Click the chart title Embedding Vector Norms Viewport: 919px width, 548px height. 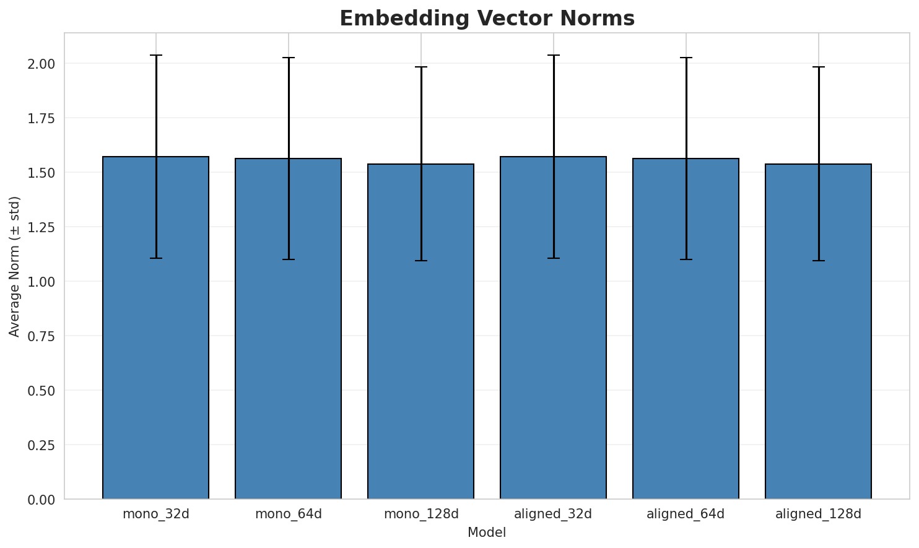(x=487, y=19)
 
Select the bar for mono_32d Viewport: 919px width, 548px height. (x=155, y=328)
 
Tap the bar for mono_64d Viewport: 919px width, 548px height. (x=288, y=329)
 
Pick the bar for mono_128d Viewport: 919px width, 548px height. (x=420, y=332)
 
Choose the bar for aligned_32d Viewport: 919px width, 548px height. (x=553, y=328)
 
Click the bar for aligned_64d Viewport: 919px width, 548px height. (x=686, y=329)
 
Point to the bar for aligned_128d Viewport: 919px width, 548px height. (x=818, y=332)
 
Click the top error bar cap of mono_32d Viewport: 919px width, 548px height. (x=155, y=55)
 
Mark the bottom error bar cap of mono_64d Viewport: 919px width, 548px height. (x=288, y=259)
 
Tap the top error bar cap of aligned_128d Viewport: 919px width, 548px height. (x=818, y=67)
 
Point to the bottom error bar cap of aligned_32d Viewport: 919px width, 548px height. (x=553, y=258)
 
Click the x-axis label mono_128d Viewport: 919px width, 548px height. (x=421, y=514)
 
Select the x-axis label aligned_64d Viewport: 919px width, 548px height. (x=686, y=514)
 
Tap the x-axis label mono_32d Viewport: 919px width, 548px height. (x=156, y=514)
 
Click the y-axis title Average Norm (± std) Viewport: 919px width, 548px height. (x=15, y=266)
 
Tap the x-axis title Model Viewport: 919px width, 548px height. (x=487, y=533)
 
